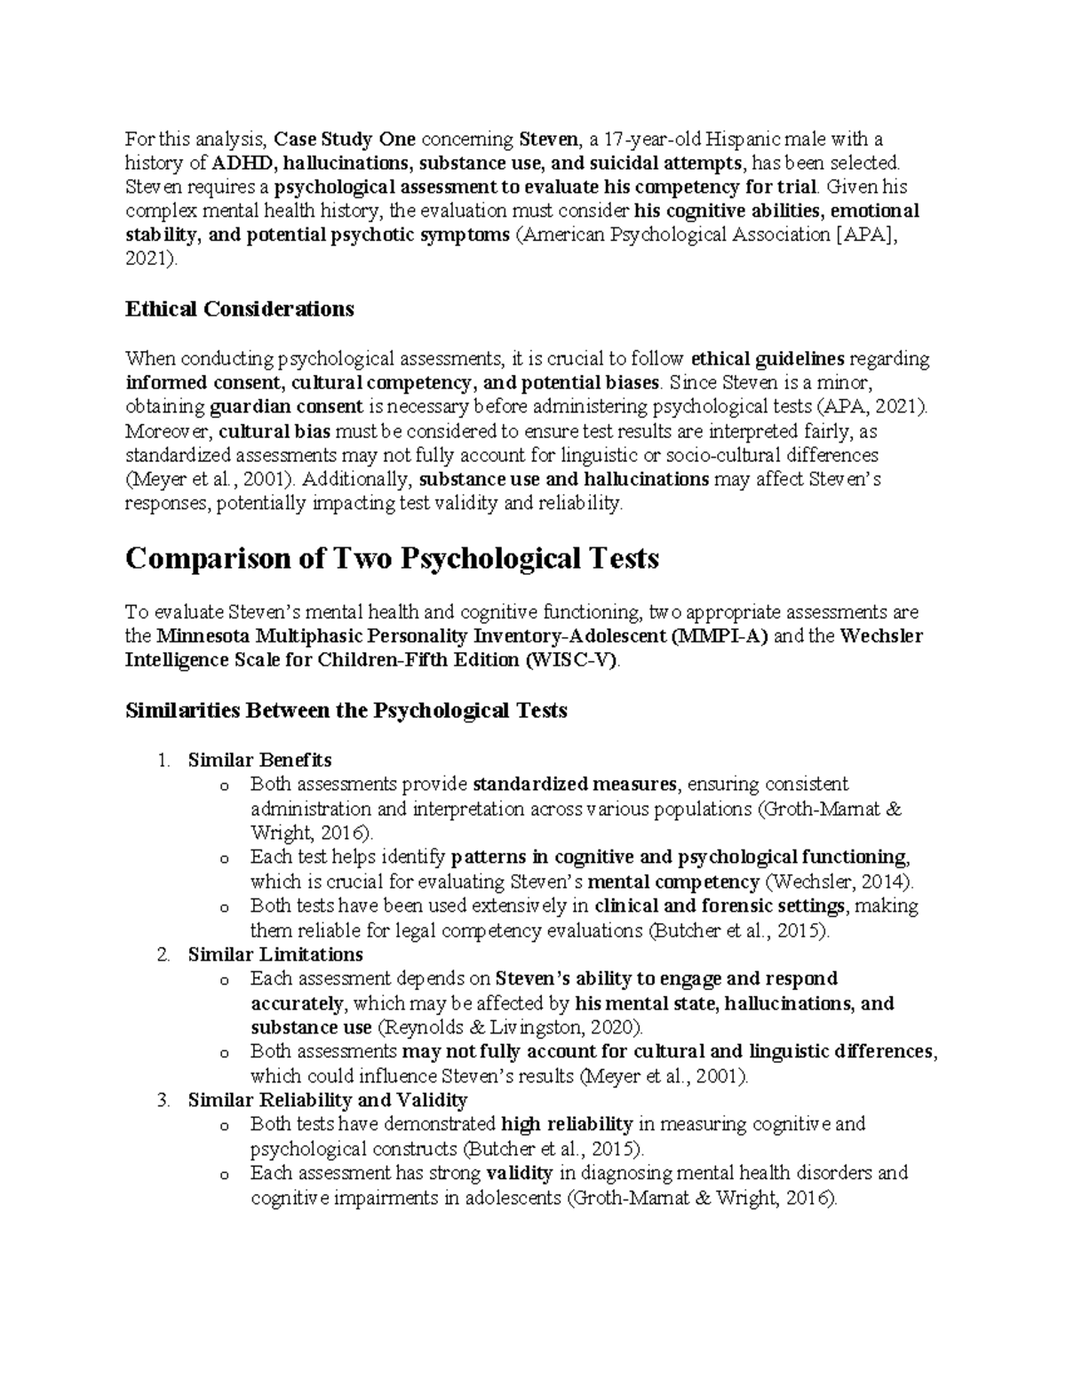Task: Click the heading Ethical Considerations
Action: click(240, 309)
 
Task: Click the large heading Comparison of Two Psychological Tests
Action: click(392, 559)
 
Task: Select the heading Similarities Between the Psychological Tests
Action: click(346, 711)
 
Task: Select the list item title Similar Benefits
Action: click(259, 760)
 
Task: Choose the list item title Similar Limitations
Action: click(275, 954)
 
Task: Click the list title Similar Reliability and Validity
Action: click(327, 1100)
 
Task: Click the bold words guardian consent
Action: click(286, 407)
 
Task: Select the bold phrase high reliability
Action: click(567, 1124)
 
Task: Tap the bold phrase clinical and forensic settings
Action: click(719, 906)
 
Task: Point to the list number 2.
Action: click(163, 954)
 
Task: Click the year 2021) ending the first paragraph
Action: click(151, 259)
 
